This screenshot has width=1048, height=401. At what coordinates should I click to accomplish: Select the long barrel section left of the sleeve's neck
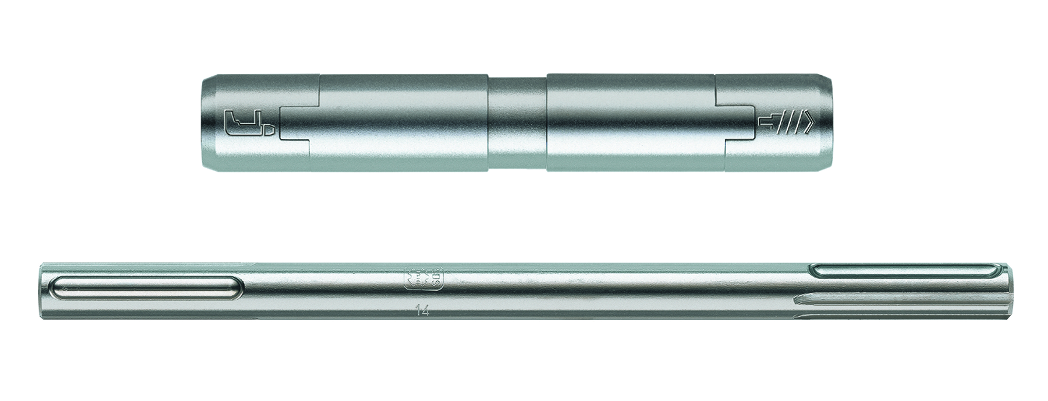click(403, 123)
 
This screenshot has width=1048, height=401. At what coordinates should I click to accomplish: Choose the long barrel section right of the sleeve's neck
click(631, 123)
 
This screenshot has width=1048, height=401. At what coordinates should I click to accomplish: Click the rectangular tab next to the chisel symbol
click(295, 124)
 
